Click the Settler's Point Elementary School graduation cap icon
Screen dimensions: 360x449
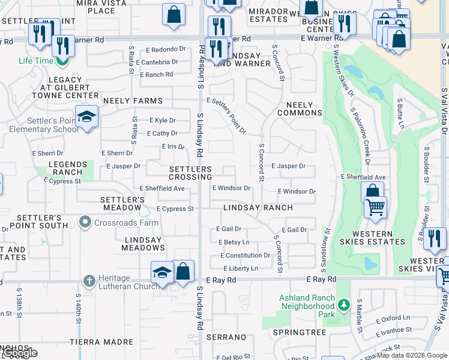[x=86, y=116]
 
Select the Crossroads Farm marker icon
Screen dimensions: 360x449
[x=85, y=223]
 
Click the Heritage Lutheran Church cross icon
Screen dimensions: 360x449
[x=88, y=280]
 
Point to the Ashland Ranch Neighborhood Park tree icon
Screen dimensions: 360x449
[x=343, y=306]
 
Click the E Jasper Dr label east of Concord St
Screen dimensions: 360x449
[x=288, y=166]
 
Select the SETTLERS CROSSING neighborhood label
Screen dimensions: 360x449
[x=190, y=173]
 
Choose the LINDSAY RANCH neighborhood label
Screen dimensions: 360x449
[x=258, y=208]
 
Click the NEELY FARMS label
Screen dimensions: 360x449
[x=133, y=101]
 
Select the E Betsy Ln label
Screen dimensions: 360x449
[x=235, y=242]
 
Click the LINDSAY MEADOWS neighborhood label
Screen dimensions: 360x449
[x=143, y=244]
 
